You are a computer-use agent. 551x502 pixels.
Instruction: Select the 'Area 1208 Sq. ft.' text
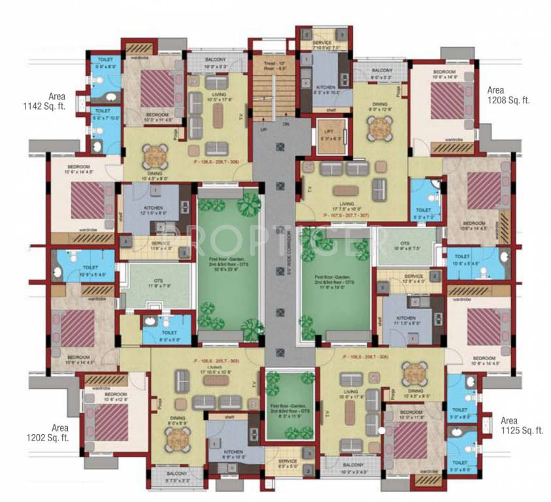pos(508,95)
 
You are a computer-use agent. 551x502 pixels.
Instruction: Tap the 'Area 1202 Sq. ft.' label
pos(48,433)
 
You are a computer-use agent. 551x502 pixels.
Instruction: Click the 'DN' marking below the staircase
pos(286,124)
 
